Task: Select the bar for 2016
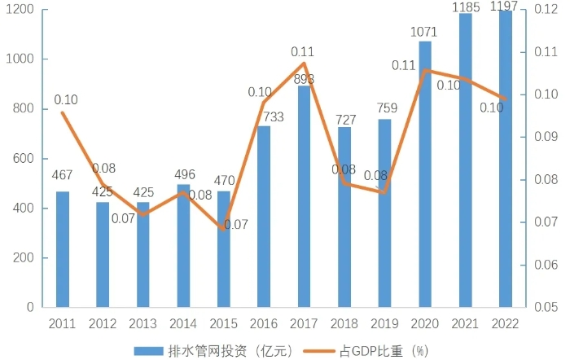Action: (264, 217)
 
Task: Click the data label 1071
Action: (425, 33)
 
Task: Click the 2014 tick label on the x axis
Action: (183, 323)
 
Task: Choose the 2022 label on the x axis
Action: (505, 323)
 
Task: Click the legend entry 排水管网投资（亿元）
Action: (214, 350)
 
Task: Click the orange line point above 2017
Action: (304, 64)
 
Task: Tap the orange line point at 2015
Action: (223, 229)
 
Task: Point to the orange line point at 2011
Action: (63, 112)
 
